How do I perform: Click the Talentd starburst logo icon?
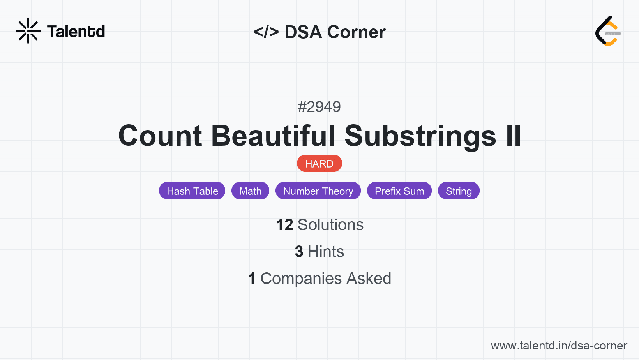[28, 31]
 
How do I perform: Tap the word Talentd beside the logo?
[76, 32]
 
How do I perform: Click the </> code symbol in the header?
[266, 32]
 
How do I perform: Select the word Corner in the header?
[357, 32]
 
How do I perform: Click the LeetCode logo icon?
[608, 31]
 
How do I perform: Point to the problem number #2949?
[319, 107]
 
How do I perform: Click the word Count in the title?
[160, 136]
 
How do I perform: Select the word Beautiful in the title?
[273, 136]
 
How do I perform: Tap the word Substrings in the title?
[420, 136]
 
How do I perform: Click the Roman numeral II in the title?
[513, 136]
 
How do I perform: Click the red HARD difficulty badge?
[319, 164]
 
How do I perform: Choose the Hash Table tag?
[192, 191]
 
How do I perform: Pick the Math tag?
[250, 191]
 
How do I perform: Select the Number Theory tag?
[318, 191]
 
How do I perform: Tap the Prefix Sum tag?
[399, 191]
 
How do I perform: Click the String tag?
[459, 191]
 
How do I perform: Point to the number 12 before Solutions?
[284, 225]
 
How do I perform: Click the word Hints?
[326, 252]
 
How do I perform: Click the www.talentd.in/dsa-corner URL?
[559, 346]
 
